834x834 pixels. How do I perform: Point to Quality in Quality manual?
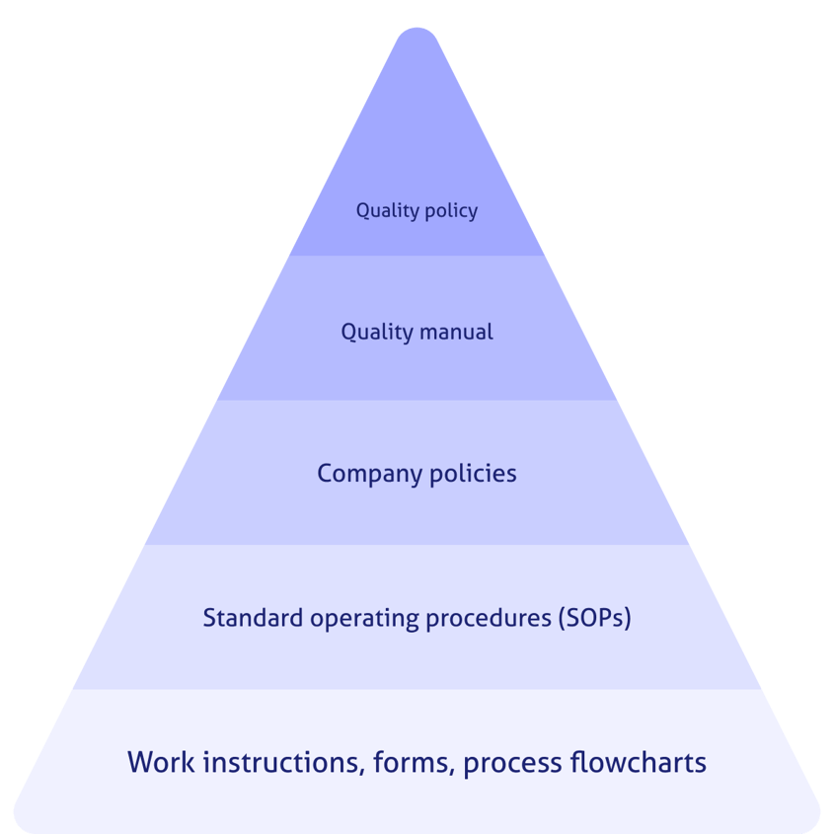click(374, 333)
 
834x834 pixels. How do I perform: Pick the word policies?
click(473, 474)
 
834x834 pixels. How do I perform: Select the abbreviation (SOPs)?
click(594, 619)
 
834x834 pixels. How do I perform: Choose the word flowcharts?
click(639, 763)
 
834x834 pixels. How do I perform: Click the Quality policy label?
click(417, 211)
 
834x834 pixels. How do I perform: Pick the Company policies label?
click(417, 474)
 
